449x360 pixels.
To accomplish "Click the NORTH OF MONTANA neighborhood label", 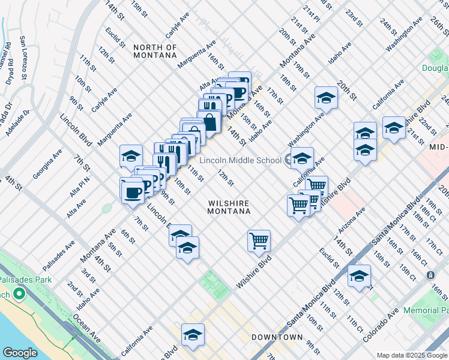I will tap(155, 51).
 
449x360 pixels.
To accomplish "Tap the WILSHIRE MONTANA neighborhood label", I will tap(229, 207).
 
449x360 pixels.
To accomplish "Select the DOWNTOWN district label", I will tap(277, 337).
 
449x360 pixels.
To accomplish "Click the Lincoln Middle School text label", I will tap(240, 160).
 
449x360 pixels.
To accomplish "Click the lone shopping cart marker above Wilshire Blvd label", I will tap(259, 241).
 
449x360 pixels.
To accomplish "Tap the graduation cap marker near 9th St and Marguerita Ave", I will tap(131, 156).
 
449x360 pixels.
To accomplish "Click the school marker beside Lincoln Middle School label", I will tap(302, 158).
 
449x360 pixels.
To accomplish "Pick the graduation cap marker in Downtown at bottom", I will tap(193, 335).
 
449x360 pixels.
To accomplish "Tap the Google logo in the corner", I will tap(20, 353).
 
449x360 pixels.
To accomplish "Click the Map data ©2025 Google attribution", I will tap(411, 355).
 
